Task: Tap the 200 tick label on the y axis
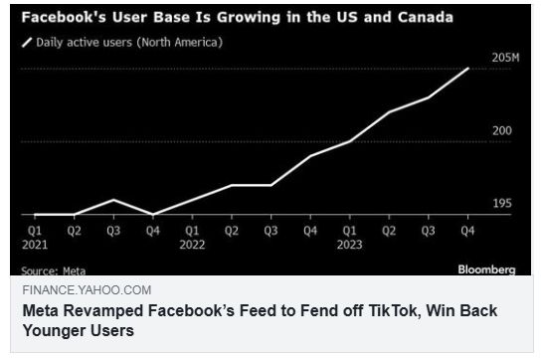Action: pos(501,131)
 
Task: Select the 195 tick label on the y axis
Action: pos(501,204)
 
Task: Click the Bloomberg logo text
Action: pos(486,269)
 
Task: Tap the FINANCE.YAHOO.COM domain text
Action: pos(87,289)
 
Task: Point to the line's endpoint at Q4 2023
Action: pos(468,69)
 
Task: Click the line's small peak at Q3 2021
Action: pos(113,200)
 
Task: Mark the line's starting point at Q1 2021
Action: pos(35,214)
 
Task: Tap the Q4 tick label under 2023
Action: pos(467,230)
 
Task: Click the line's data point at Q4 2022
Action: pos(310,156)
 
